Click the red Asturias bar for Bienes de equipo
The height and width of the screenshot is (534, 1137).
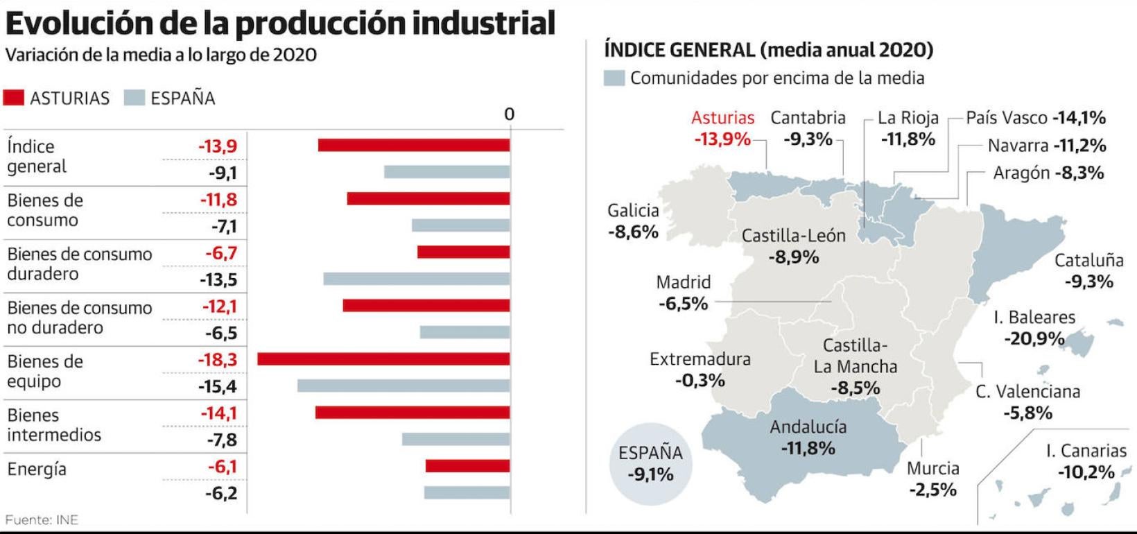[383, 359]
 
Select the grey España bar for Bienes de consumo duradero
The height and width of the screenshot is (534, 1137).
[416, 279]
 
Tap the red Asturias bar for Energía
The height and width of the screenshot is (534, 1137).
[467, 466]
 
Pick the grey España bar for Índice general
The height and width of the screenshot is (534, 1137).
[446, 172]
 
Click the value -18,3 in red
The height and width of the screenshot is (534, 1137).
[218, 360]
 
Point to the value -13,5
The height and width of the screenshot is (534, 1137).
[218, 280]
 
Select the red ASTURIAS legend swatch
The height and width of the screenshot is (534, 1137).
[14, 98]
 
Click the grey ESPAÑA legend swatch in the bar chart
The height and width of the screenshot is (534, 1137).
[134, 98]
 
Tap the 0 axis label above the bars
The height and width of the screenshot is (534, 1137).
[510, 114]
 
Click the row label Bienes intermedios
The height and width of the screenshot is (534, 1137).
[54, 425]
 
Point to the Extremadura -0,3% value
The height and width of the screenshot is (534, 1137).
[700, 381]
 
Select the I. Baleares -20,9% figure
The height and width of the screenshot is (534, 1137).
[1034, 339]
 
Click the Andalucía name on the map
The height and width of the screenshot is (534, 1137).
[808, 427]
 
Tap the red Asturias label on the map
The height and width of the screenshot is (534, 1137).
[722, 118]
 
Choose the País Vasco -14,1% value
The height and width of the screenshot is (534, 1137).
[1079, 118]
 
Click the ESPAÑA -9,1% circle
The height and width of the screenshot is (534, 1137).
[650, 464]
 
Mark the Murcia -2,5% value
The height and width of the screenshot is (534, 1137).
[933, 490]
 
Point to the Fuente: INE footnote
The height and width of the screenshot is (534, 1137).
[42, 519]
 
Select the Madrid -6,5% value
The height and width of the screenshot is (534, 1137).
[683, 304]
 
